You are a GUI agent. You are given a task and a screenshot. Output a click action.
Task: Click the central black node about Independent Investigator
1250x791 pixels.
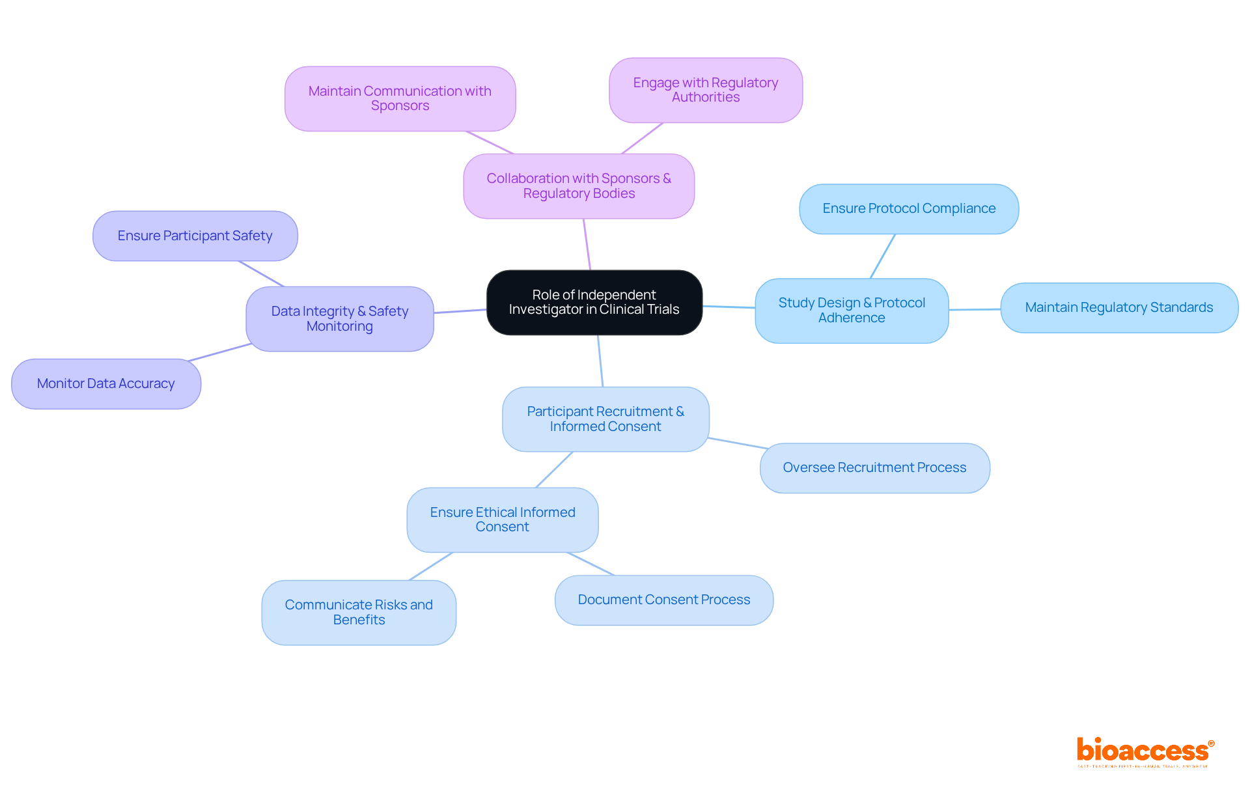tap(594, 302)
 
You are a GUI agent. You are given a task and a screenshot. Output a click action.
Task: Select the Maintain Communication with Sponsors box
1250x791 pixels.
tap(400, 98)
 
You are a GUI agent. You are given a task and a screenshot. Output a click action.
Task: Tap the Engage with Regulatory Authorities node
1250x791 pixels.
tap(705, 90)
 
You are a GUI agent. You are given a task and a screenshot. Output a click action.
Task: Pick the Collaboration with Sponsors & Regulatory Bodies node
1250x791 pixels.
tap(578, 186)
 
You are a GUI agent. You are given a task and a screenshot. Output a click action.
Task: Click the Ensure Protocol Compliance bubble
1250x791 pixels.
tap(908, 208)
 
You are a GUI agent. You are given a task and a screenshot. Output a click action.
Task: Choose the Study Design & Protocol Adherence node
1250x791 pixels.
tap(851, 311)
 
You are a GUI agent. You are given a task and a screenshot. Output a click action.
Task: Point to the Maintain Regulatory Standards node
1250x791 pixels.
tap(1118, 307)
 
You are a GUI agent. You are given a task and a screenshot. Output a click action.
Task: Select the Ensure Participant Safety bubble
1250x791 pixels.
tap(195, 236)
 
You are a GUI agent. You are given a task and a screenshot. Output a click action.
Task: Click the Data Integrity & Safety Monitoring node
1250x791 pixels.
tap(339, 318)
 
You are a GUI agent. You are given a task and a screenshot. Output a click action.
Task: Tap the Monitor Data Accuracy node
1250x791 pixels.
tap(105, 383)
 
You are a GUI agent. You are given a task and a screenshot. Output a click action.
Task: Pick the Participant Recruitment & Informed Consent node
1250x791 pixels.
tap(605, 419)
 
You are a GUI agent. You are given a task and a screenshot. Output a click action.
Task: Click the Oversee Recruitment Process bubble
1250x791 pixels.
tap(874, 467)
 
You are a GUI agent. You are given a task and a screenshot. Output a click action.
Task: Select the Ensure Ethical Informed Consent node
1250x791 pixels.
tap(502, 520)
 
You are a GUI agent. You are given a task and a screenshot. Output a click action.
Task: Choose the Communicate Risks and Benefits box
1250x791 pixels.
tap(358, 612)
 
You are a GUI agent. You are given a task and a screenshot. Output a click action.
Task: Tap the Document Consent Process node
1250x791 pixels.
tap(663, 600)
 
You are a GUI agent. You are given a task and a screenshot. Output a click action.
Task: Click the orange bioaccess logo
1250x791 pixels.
tap(1144, 751)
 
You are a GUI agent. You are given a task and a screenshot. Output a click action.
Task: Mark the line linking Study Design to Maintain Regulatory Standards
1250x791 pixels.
tap(974, 309)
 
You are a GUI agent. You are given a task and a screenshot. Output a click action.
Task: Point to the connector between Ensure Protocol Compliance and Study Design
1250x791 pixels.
tap(882, 257)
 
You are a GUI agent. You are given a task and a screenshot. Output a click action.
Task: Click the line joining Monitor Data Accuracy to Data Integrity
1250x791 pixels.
tap(220, 352)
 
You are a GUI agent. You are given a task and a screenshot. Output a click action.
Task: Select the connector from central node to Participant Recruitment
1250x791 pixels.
tap(600, 361)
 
